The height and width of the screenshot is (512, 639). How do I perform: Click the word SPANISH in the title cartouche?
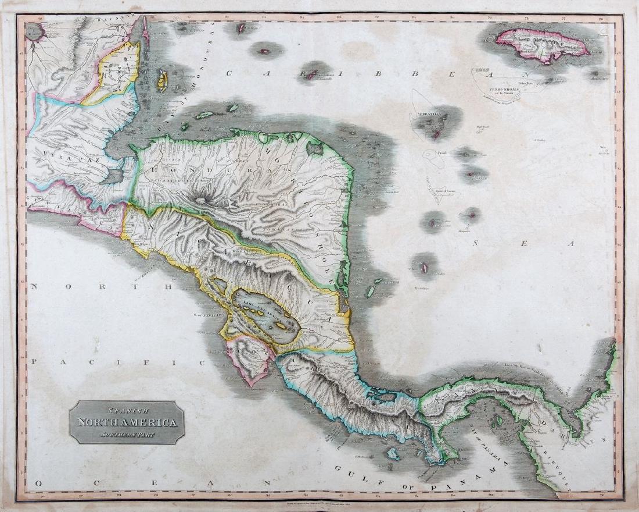pos(126,410)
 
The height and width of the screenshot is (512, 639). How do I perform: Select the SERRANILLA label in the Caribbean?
pos(429,115)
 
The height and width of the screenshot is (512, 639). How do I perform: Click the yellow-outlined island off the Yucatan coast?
pos(162,81)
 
